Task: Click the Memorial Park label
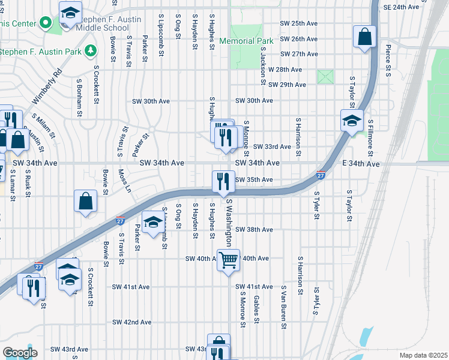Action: pyautogui.click(x=246, y=41)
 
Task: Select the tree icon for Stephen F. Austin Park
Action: pyautogui.click(x=91, y=51)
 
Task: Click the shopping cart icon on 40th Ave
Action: pyautogui.click(x=228, y=260)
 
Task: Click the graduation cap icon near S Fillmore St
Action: pyautogui.click(x=352, y=121)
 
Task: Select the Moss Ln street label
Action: pyautogui.click(x=125, y=180)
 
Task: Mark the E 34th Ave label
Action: pyautogui.click(x=362, y=163)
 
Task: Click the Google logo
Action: pyautogui.click(x=20, y=352)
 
